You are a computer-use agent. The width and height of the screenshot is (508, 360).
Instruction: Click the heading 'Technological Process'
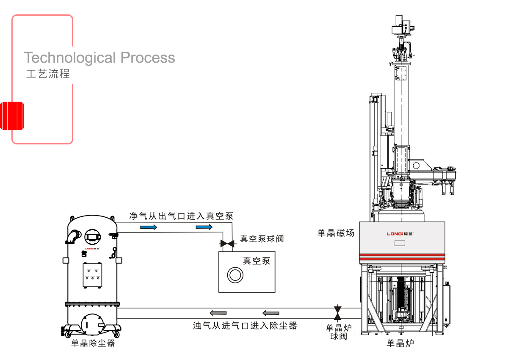tap(99, 58)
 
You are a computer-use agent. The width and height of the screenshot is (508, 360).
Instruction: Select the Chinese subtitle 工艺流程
tap(48, 74)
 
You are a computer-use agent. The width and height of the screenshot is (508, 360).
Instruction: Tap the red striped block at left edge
tap(12, 116)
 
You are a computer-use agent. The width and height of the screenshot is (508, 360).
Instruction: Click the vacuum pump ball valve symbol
tap(226, 244)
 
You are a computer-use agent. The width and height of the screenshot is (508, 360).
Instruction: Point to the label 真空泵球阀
tap(262, 239)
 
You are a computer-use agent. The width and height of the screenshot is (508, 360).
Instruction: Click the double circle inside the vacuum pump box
tap(235, 275)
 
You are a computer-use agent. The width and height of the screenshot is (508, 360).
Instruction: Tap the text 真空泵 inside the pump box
tap(256, 261)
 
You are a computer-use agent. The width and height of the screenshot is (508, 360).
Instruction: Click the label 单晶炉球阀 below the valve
tap(339, 332)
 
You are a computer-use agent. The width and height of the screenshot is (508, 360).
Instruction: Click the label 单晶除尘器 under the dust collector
tap(93, 343)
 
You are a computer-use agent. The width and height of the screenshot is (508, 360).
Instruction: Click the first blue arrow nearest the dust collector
tap(149, 227)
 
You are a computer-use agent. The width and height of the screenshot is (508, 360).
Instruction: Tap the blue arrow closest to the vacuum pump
tap(204, 227)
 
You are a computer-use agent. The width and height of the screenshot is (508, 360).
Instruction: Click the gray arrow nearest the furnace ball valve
tap(271, 313)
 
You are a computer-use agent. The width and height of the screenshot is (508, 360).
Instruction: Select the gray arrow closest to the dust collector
tap(218, 313)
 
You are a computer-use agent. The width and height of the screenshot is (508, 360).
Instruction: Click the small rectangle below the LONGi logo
tap(400, 243)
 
